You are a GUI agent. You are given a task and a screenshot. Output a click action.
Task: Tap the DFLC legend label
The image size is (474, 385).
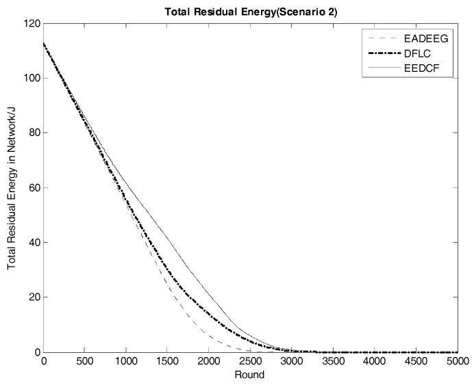point(419,54)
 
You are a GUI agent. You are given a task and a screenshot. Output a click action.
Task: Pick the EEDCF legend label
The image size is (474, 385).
point(421,68)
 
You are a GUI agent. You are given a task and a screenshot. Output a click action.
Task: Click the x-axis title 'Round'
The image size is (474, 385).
point(250,375)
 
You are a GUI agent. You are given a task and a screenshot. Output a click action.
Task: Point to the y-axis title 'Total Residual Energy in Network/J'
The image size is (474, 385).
point(12,187)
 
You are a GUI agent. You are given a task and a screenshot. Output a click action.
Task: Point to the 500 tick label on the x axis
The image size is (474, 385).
point(85,362)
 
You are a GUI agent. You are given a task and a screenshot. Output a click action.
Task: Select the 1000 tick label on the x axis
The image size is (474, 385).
point(126,362)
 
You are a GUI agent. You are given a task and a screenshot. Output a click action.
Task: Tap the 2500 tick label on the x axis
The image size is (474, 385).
point(250,362)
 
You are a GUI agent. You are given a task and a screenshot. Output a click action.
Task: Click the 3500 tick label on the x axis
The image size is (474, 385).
point(333,362)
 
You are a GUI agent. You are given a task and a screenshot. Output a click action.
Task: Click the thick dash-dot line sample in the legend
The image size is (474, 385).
point(381,54)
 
